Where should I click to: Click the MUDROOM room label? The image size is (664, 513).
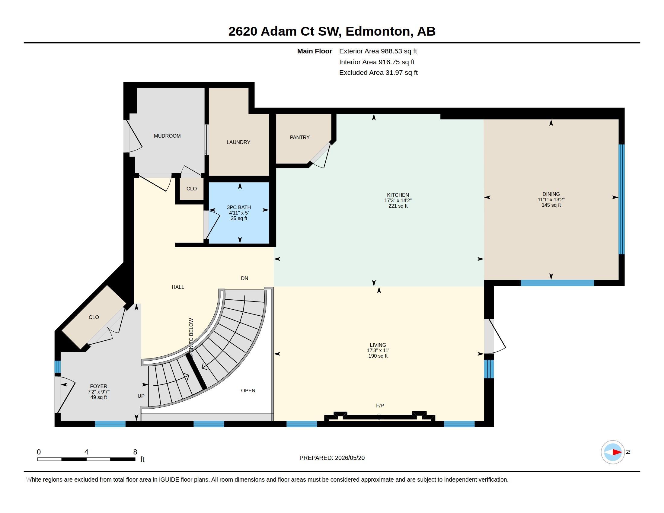pos(167,136)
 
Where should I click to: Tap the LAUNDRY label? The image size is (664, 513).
pos(238,142)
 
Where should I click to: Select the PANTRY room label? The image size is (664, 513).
pos(300,137)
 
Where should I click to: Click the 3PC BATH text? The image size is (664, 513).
pos(239,207)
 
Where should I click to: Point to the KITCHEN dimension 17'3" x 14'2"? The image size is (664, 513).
pos(398,201)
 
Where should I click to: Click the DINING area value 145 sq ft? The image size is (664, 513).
pos(551,205)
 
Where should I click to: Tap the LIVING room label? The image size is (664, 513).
pos(378,345)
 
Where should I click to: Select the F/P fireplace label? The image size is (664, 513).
pos(380,406)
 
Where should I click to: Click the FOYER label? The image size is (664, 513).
pos(98,386)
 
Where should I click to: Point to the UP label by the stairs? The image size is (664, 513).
pos(141,396)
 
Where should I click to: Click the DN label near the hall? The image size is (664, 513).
pos(244,279)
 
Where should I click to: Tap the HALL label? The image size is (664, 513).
pos(178,287)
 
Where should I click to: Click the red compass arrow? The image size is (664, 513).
pos(617,452)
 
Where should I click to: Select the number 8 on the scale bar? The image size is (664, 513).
pos(135,452)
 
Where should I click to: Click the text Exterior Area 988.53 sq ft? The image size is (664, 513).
pos(378,51)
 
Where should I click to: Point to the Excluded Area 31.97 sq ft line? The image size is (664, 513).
pos(378,73)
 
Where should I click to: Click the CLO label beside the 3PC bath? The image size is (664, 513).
pos(192,189)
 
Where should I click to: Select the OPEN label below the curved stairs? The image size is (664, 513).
pos(248,390)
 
